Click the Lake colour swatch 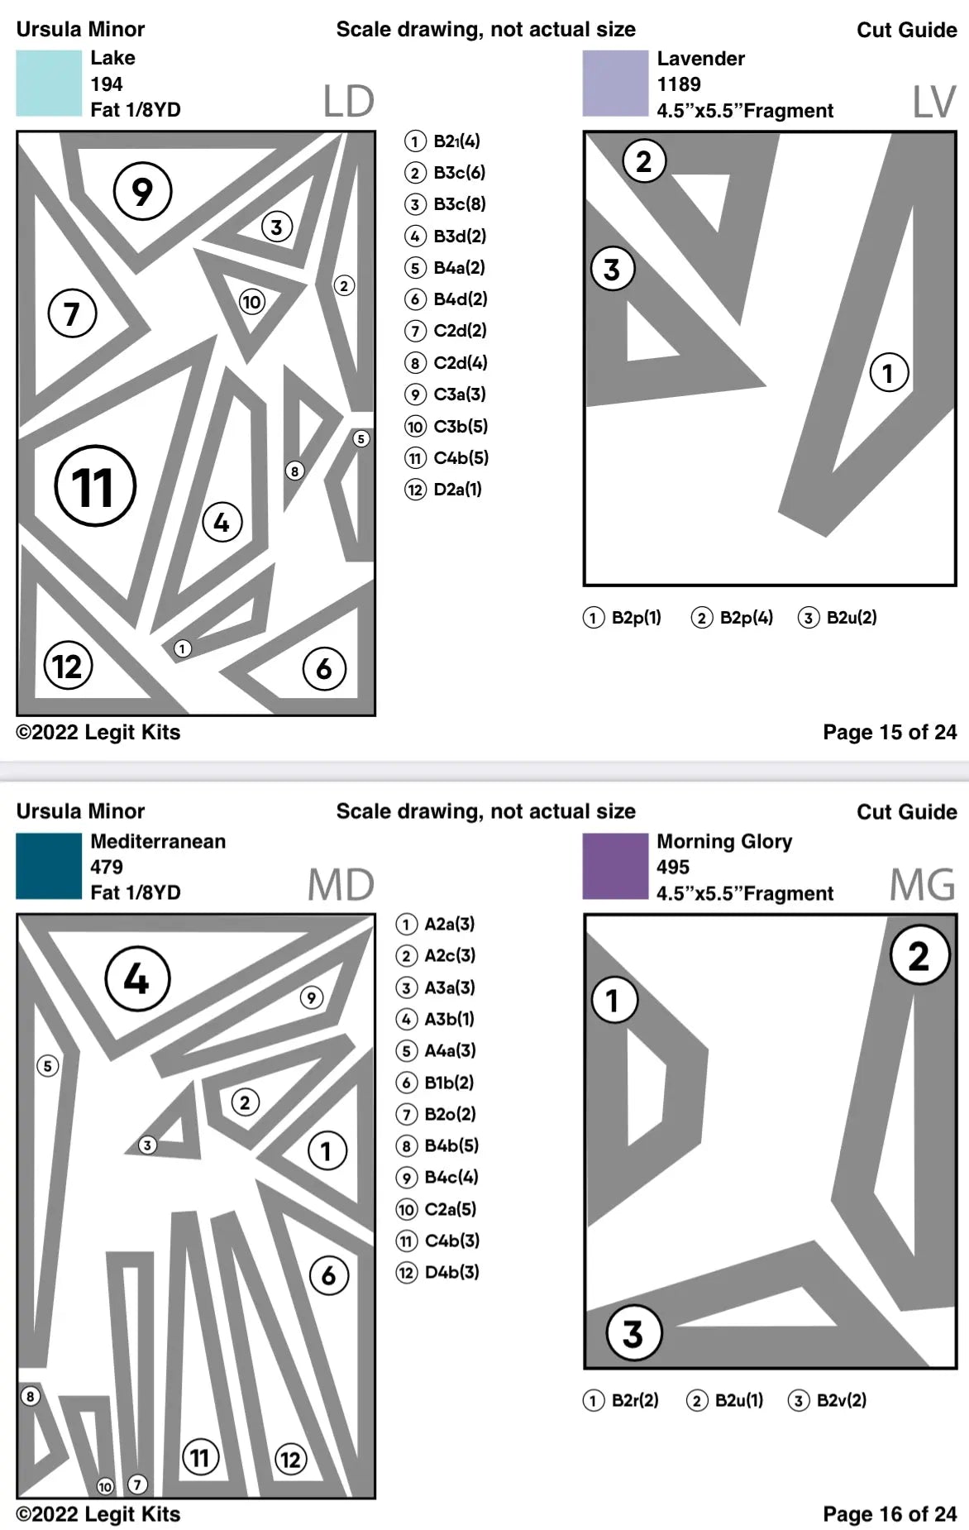[x=49, y=84]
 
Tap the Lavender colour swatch [x=615, y=84]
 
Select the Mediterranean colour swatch [x=49, y=866]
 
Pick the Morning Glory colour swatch [x=615, y=866]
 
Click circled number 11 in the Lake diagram [x=95, y=486]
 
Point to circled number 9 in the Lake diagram [x=142, y=191]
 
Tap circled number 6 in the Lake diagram [x=324, y=668]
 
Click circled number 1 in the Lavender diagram [x=889, y=373]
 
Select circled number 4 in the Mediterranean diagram [x=137, y=979]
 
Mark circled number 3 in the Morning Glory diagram [x=633, y=1333]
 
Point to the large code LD [x=349, y=102]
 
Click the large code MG [x=922, y=885]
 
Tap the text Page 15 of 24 [x=890, y=732]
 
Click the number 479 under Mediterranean [x=107, y=867]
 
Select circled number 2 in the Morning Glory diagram [x=919, y=956]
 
